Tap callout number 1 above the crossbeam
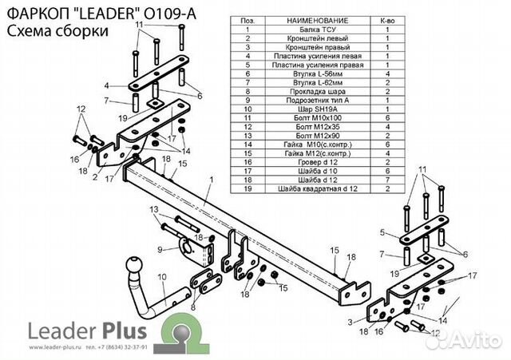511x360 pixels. click(211, 179)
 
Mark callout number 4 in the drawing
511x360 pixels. click(106, 84)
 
